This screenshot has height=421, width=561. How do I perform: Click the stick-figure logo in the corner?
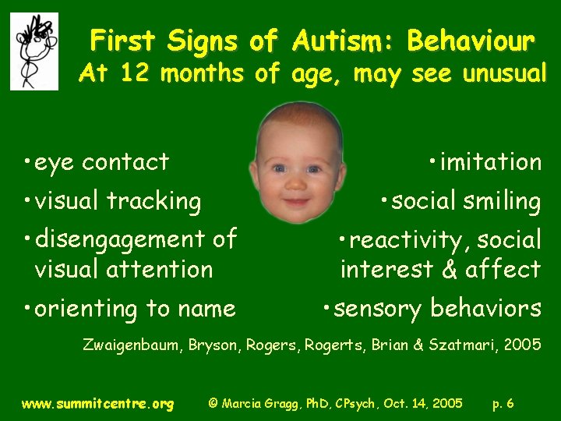(x=34, y=51)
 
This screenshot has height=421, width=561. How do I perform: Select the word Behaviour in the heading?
(x=471, y=40)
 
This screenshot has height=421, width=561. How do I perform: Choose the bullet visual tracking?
(x=111, y=201)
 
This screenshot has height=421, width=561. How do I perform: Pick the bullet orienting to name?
(x=129, y=309)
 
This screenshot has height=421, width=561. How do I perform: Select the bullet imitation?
(x=485, y=162)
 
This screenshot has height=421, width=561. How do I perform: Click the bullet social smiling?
(x=461, y=201)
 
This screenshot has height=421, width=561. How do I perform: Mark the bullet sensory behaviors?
(x=432, y=309)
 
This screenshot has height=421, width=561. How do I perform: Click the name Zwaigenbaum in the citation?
(x=132, y=345)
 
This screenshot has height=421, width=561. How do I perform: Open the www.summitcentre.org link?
(x=97, y=404)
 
